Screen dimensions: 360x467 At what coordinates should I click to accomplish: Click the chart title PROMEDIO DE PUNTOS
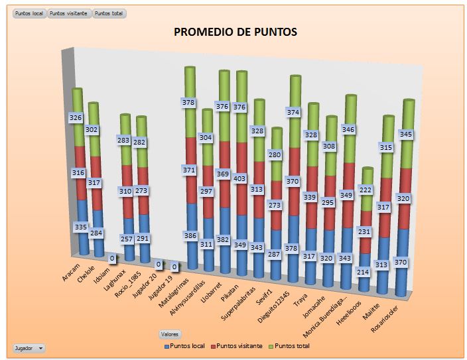235,31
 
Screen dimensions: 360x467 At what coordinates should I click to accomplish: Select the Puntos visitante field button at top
69,13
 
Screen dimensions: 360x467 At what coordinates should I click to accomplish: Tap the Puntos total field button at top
109,13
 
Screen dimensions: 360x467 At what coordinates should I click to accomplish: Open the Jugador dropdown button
29,347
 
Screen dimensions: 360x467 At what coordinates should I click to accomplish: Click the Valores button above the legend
170,334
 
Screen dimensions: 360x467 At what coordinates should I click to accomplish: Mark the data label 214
362,272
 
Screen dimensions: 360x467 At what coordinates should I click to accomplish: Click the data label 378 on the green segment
190,102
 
